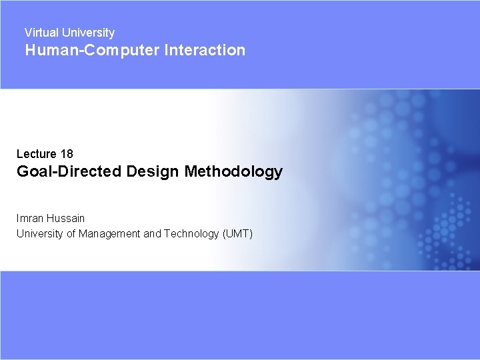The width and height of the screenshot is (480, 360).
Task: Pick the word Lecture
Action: pyautogui.click(x=36, y=154)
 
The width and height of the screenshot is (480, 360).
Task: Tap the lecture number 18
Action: pyautogui.click(x=67, y=154)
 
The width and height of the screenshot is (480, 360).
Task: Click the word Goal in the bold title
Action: pyautogui.click(x=32, y=172)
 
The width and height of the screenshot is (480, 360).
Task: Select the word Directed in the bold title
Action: pyautogui.click(x=87, y=172)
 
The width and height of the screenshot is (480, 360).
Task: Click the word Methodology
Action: pyautogui.click(x=233, y=172)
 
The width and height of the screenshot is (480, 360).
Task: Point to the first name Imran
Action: pyautogui.click(x=30, y=218)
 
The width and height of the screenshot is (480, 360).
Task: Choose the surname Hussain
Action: pyautogui.click(x=66, y=218)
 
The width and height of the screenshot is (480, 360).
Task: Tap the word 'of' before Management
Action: pyautogui.click(x=71, y=233)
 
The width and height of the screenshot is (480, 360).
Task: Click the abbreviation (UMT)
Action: pyautogui.click(x=238, y=233)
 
